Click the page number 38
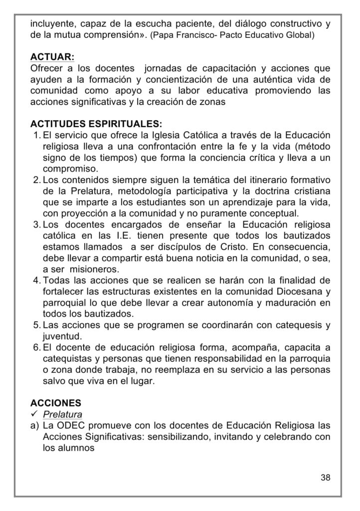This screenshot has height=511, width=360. [x=326, y=478]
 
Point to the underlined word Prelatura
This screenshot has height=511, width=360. [x=63, y=414]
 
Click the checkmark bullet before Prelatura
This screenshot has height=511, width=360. [x=34, y=414]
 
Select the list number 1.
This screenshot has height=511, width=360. [x=36, y=135]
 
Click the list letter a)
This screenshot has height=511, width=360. [x=35, y=425]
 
